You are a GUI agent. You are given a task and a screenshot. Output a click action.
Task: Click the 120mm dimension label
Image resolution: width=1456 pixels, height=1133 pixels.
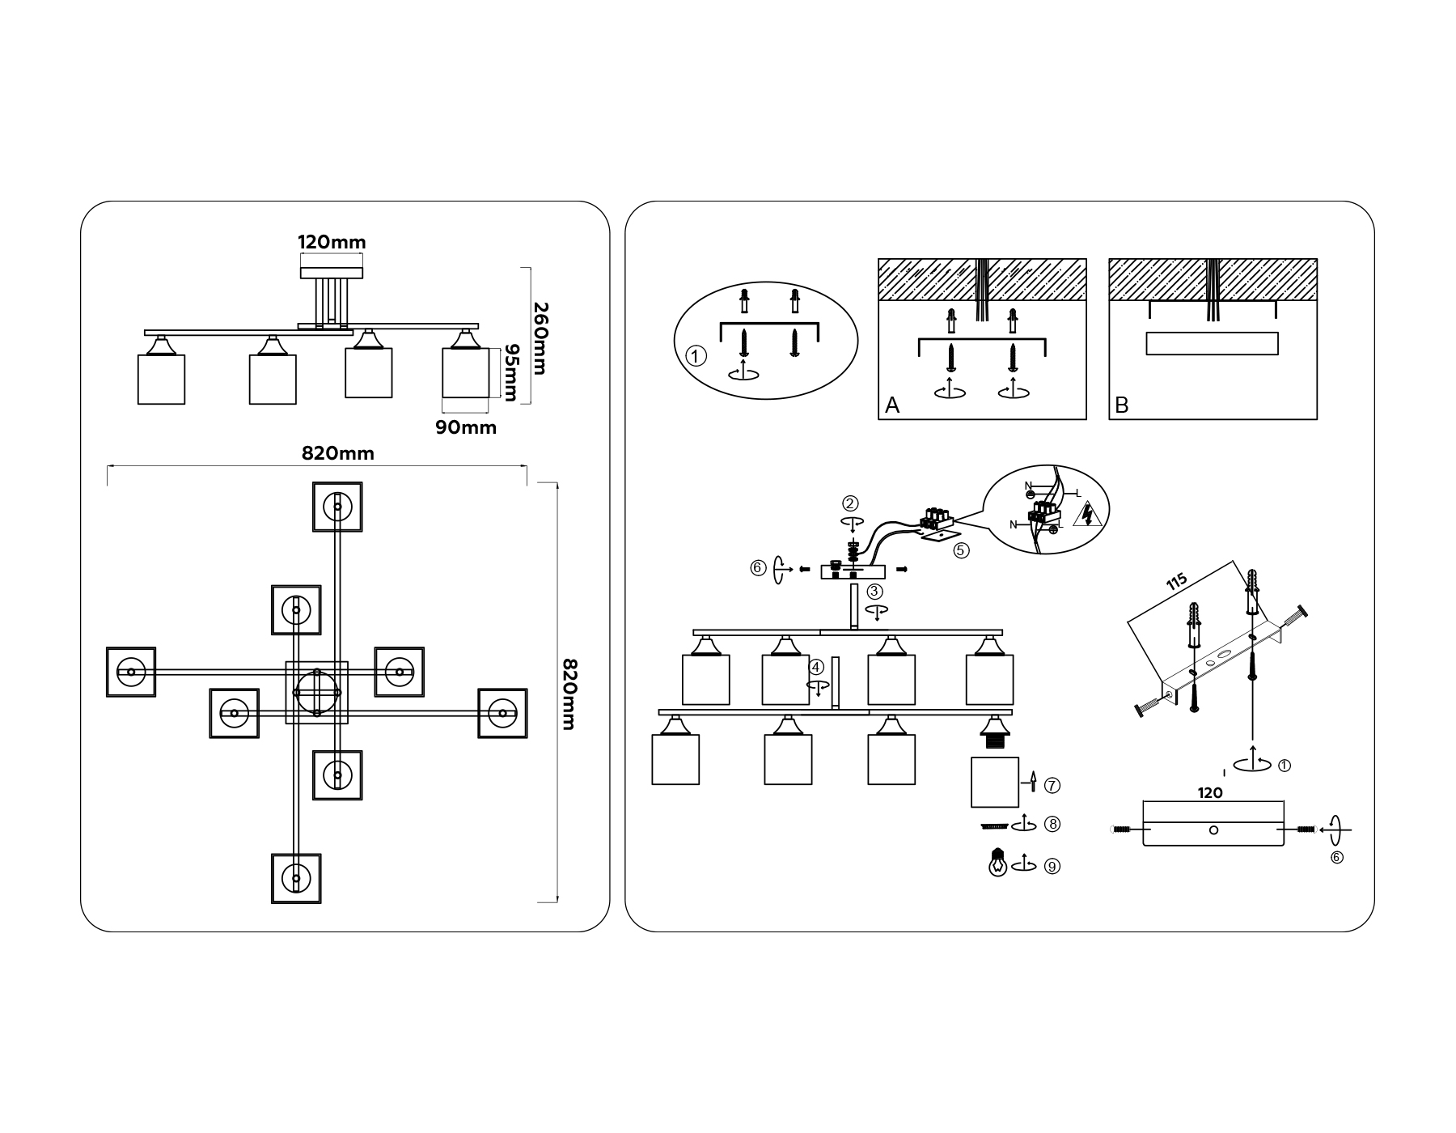click(x=332, y=242)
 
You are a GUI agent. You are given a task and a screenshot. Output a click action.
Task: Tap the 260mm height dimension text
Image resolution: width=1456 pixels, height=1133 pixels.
click(x=540, y=338)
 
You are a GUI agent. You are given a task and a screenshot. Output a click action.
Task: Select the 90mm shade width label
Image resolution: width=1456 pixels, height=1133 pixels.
click(x=466, y=427)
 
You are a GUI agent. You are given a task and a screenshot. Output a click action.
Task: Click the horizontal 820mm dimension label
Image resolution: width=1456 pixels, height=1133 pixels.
click(x=338, y=453)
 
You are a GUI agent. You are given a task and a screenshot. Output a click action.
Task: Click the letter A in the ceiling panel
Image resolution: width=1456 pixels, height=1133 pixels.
click(x=892, y=405)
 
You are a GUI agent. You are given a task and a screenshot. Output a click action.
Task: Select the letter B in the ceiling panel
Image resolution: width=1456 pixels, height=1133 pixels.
click(x=1121, y=405)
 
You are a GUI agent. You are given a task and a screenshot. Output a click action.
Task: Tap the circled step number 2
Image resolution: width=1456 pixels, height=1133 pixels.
click(x=850, y=503)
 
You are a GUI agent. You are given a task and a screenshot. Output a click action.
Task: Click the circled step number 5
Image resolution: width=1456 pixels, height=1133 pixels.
click(x=961, y=550)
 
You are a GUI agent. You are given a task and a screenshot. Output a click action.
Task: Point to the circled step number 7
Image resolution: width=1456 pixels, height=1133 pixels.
click(x=1052, y=785)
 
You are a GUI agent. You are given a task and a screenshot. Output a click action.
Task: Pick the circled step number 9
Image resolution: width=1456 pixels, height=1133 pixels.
click(x=1052, y=866)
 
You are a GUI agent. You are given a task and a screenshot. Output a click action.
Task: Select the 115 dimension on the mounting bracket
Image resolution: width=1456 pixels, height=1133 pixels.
click(x=1177, y=581)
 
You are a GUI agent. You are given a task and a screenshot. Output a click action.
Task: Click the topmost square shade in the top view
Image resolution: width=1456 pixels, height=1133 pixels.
click(x=337, y=507)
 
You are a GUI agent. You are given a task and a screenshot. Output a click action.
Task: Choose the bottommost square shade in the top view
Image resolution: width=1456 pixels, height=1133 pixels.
click(x=296, y=878)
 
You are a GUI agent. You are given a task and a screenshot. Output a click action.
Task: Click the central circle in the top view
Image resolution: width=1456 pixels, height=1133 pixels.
click(x=317, y=693)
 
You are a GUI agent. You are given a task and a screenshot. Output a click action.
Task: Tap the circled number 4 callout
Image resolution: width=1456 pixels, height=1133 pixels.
click(x=817, y=668)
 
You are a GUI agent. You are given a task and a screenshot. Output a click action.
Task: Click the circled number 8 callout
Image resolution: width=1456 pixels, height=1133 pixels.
click(x=1052, y=824)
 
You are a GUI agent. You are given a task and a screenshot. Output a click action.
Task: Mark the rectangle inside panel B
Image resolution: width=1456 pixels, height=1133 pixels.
click(x=1212, y=344)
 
